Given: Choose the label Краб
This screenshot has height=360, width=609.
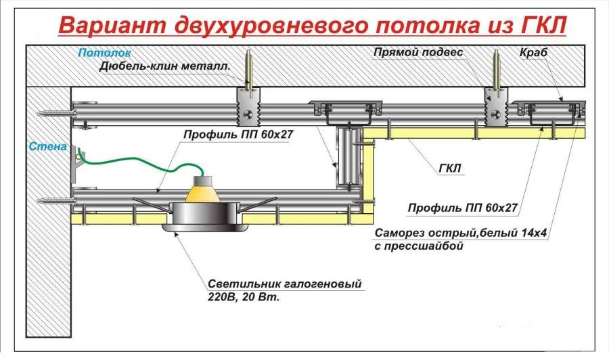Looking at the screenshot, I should [533, 53].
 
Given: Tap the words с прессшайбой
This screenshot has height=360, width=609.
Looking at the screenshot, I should [420, 247].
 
